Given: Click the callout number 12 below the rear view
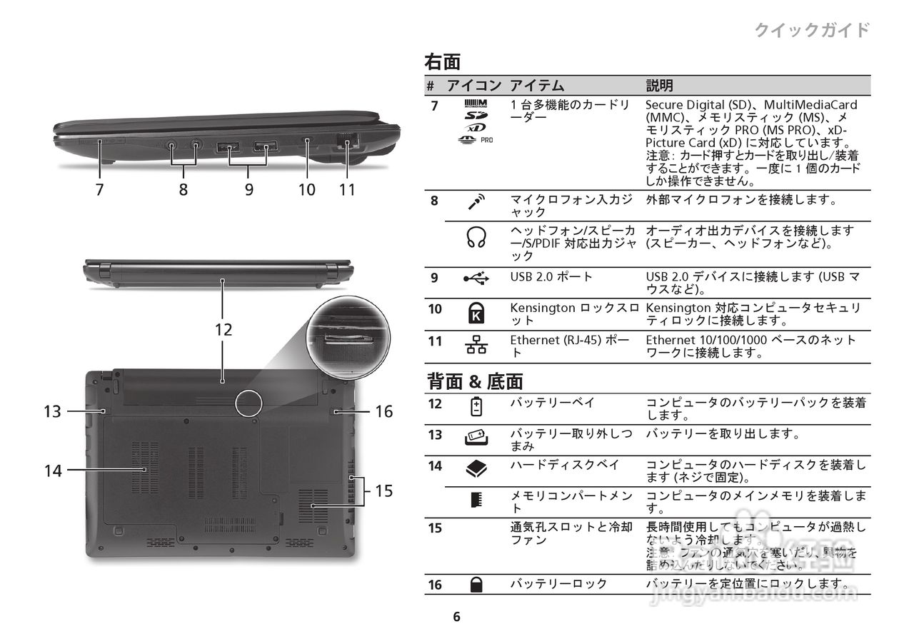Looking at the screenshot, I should click(224, 330).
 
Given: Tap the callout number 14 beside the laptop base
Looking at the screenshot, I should click(53, 471).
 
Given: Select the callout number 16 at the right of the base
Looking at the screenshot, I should click(384, 411).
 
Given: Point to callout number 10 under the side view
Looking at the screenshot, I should click(307, 189).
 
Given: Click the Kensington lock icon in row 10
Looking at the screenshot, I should click(476, 312).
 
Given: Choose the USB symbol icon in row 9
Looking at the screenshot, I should click(476, 279).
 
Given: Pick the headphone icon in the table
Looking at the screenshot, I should click(476, 237).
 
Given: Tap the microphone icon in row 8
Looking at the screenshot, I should click(476, 202).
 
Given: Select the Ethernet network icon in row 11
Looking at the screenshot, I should click(476, 346).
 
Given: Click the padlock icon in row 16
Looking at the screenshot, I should click(476, 585).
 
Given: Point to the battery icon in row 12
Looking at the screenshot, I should click(476, 406).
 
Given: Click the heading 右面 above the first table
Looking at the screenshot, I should click(443, 62).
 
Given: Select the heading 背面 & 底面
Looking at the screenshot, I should click(475, 381).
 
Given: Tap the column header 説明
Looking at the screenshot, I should click(659, 86).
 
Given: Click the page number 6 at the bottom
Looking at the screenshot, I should click(457, 617).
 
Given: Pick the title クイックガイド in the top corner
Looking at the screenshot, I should click(812, 30).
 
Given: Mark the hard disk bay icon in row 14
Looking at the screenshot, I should click(476, 468).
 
